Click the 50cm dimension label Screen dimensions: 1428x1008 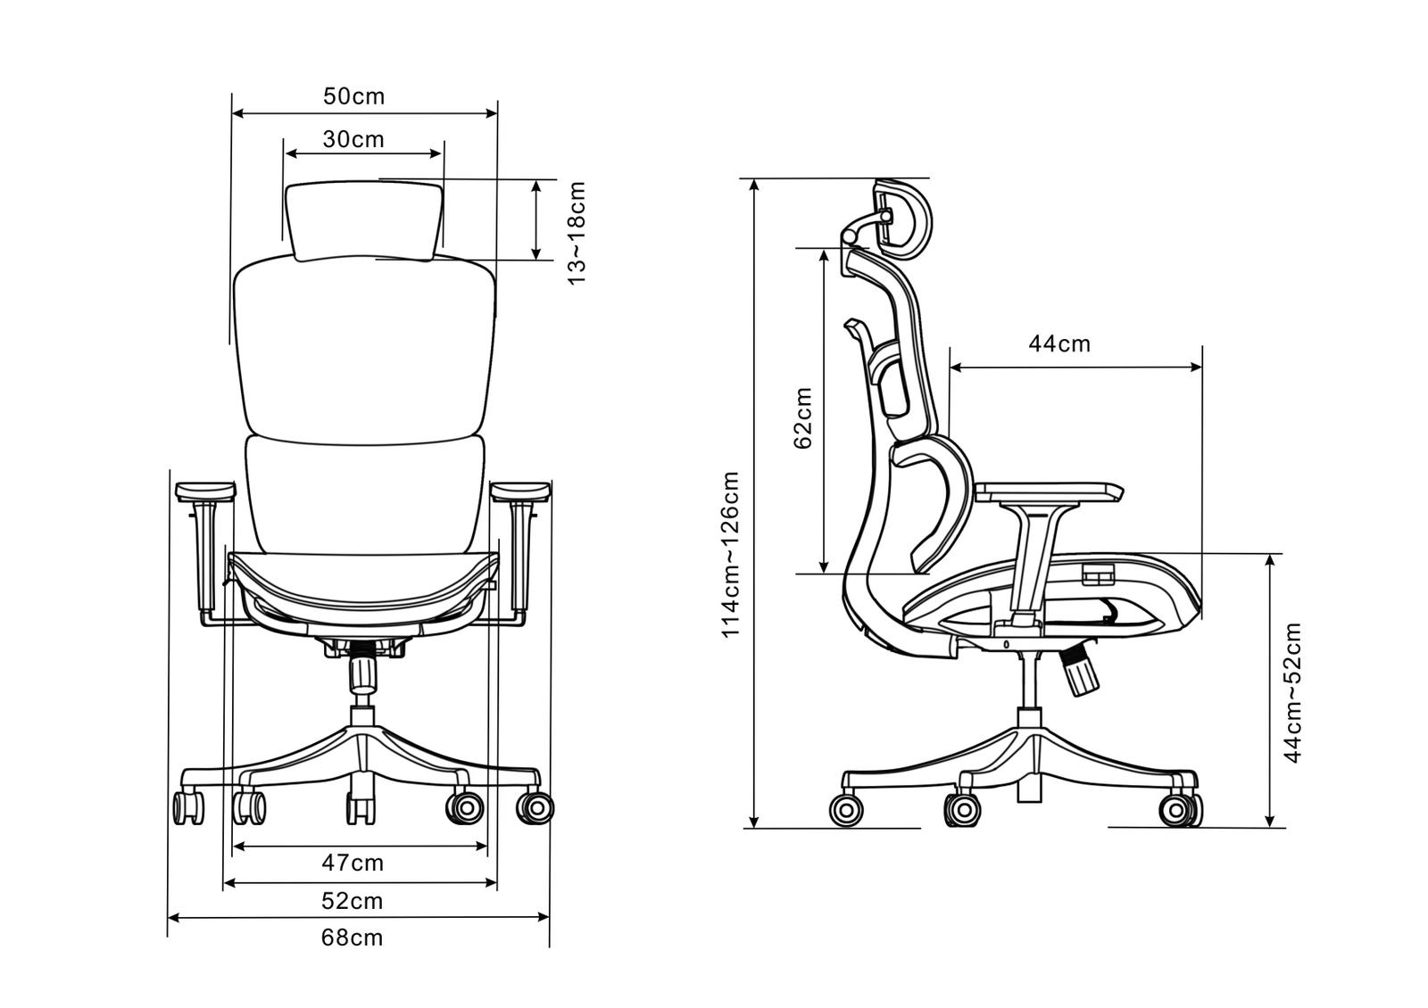tap(353, 96)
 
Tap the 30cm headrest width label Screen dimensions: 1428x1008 tap(353, 139)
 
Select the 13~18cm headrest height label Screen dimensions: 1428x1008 tap(577, 233)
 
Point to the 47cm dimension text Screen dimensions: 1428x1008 tap(353, 863)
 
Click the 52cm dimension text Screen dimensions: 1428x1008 tap(352, 901)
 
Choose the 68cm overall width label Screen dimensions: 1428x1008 tap(352, 938)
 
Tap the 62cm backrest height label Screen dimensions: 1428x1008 tap(803, 418)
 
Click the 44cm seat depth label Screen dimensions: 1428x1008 tap(1059, 344)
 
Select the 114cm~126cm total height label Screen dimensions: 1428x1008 tap(730, 554)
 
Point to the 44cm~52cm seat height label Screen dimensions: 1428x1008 tap(1292, 692)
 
